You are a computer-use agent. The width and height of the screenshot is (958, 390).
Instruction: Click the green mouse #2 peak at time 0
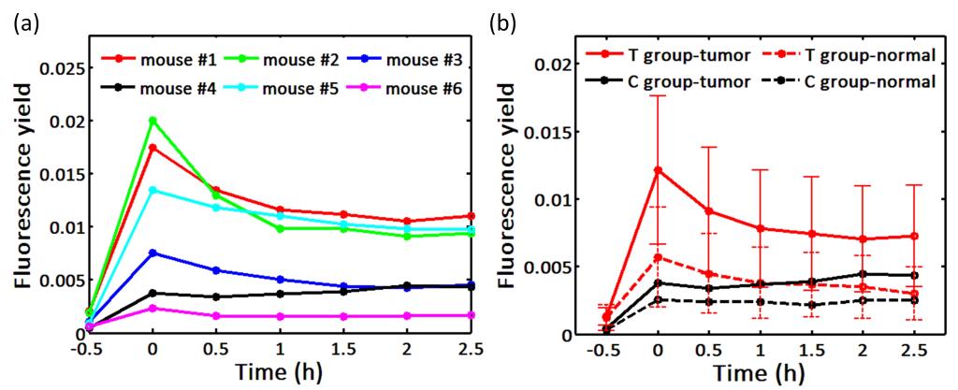click(152, 121)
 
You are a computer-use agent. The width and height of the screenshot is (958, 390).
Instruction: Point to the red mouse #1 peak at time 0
click(152, 148)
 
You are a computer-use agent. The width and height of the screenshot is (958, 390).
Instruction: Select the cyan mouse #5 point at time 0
click(152, 190)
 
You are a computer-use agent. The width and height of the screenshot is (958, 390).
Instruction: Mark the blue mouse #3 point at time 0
click(152, 253)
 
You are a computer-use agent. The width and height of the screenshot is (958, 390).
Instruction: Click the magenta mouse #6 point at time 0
click(152, 308)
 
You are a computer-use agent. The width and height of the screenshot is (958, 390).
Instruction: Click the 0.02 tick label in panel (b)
click(549, 64)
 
